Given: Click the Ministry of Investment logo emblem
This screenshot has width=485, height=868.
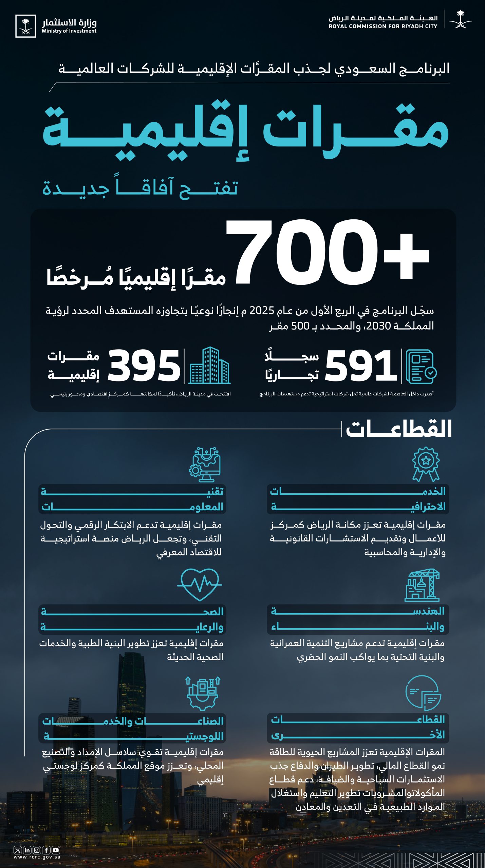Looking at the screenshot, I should click(25, 26).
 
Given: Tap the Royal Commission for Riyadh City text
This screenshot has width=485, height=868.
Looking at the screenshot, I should click(383, 22).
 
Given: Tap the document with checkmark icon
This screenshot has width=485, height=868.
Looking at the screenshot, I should click(421, 367).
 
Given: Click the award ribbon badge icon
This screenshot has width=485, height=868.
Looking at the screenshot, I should click(426, 464).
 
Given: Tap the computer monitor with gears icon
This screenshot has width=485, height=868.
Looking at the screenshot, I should click(205, 464).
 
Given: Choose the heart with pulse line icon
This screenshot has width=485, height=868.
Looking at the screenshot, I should click(200, 584).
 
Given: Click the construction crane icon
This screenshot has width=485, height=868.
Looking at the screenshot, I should click(422, 585).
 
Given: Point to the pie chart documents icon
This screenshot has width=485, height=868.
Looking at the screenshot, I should click(423, 693).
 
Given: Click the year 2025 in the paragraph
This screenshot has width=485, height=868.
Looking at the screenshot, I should click(262, 311).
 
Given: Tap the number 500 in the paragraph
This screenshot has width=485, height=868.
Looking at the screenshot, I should click(300, 326).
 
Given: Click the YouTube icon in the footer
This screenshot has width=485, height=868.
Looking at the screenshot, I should click(56, 850).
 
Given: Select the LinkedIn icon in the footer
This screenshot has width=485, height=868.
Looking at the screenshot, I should click(27, 850).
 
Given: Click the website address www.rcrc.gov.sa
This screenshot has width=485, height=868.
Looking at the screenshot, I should click(37, 857).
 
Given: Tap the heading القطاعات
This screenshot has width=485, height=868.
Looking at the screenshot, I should click(399, 429).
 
